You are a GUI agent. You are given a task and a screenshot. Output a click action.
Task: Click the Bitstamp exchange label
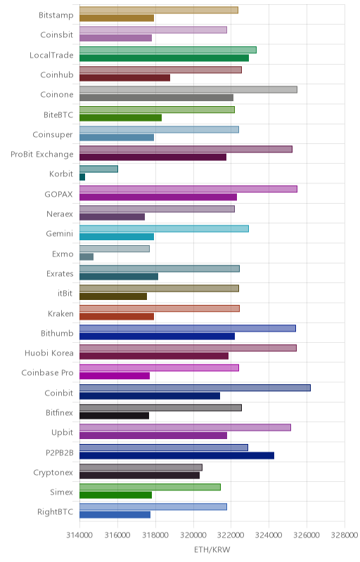56,15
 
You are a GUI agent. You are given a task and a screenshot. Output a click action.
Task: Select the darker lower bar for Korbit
82,177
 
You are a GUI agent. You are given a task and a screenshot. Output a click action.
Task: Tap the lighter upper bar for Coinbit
195,388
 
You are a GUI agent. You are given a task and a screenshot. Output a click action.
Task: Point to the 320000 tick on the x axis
193,535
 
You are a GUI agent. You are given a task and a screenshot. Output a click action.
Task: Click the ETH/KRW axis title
212,550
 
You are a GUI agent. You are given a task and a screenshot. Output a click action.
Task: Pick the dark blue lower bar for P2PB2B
176,455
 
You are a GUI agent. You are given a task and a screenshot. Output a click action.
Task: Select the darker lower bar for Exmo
86,256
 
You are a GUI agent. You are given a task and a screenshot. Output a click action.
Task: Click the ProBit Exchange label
42,154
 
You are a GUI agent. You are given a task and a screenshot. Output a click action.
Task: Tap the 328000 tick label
345,535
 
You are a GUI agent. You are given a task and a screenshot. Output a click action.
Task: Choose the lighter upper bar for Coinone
188,90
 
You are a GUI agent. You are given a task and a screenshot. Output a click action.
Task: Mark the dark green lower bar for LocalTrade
165,58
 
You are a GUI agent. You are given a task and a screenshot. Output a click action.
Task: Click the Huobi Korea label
49,353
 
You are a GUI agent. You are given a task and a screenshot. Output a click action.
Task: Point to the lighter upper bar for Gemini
165,229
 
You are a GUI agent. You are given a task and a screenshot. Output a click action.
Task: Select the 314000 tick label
79,535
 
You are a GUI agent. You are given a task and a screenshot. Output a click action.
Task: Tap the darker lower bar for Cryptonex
139,476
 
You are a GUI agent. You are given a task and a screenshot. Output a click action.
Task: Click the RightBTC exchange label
56,512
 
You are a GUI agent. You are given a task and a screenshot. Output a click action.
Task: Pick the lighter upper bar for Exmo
115,249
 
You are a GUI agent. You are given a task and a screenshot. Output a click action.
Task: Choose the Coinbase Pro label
47,373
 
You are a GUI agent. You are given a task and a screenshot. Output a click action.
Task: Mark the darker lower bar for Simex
115,495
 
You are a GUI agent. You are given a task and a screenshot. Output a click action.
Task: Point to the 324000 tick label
269,535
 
